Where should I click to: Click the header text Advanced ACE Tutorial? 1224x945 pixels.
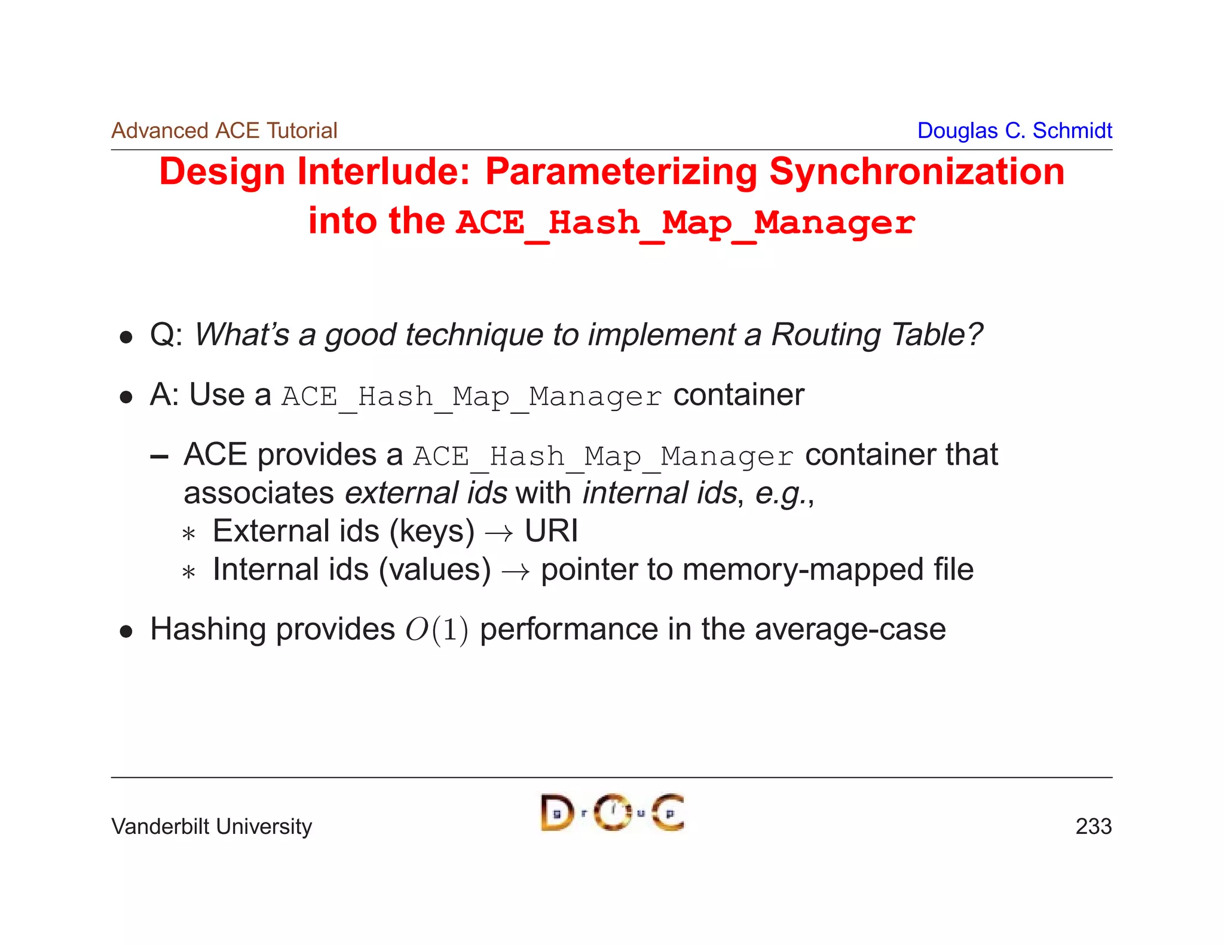(224, 131)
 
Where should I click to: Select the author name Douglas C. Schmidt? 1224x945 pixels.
(1014, 131)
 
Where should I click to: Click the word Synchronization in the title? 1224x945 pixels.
(916, 172)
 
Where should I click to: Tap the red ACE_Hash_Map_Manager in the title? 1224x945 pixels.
(685, 223)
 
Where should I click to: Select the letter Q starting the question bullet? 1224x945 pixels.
(162, 335)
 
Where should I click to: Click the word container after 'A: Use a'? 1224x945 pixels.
(739, 395)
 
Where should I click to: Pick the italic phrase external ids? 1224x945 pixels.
(426, 493)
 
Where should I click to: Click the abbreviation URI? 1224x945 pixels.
(551, 531)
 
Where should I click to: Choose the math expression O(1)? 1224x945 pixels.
(436, 630)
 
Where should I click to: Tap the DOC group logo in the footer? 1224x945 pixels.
(612, 812)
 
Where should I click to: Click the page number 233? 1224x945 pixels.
(1093, 827)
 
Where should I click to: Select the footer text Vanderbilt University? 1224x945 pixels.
(212, 827)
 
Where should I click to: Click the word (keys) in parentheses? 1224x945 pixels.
(432, 531)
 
